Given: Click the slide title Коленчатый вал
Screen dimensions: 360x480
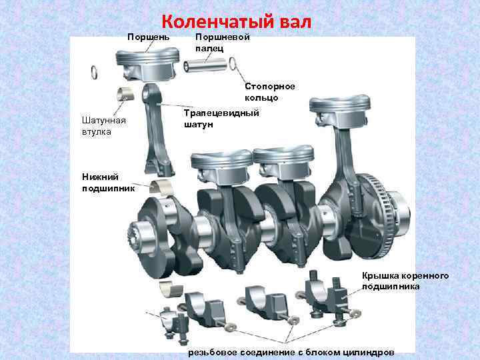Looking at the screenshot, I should pyautogui.click(x=236, y=22).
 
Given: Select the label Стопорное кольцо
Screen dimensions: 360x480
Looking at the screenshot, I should pyautogui.click(x=269, y=92).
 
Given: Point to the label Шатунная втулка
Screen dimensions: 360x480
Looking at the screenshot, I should pyautogui.click(x=100, y=126).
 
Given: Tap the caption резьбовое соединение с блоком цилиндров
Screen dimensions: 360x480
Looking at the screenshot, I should pyautogui.click(x=291, y=351).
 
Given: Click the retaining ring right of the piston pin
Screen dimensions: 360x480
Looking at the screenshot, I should pyautogui.click(x=233, y=63).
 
